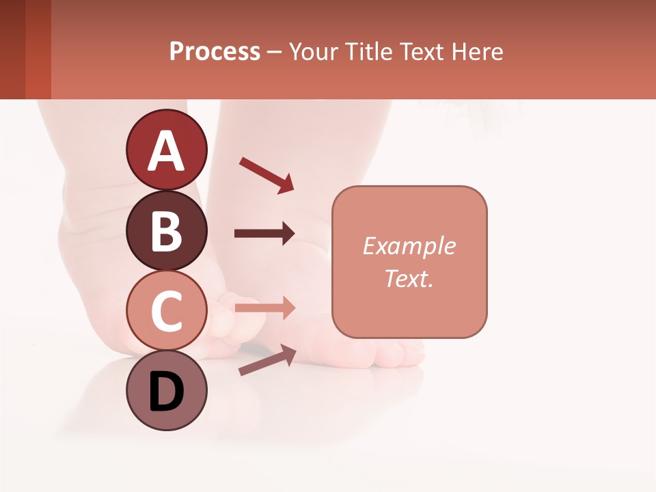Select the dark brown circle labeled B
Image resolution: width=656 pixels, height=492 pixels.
point(166,231)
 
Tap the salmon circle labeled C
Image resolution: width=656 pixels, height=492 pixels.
point(166,311)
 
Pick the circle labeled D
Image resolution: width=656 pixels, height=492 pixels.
point(166,391)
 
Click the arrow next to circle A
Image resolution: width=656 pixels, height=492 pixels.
point(266,175)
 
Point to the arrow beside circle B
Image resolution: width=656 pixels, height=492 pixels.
point(264,234)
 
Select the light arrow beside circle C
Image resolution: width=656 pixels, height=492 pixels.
point(264,307)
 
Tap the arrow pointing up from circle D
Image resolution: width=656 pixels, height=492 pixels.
point(267,360)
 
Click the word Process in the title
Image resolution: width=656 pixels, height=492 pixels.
point(215,51)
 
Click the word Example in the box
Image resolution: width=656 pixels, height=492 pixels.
point(409,246)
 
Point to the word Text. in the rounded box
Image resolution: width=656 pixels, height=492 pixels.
point(409,278)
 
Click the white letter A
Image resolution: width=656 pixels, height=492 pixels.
point(166,152)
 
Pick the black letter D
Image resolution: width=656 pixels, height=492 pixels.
point(166,392)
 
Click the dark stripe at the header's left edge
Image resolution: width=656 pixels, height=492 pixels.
point(12,49)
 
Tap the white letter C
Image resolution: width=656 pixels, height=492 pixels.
point(166,312)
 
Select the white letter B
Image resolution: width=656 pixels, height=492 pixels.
point(166,232)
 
